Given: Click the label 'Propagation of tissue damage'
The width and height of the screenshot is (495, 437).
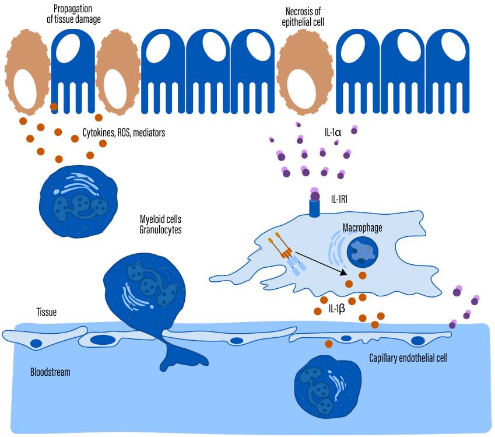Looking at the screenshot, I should [x=74, y=15].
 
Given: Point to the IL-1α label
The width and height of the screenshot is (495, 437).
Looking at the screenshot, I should [x=333, y=132].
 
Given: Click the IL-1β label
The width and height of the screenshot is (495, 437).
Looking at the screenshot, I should [x=337, y=309].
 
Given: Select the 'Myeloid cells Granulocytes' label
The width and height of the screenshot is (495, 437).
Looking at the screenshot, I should [x=160, y=225].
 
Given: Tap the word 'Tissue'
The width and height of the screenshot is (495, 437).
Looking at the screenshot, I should [x=47, y=312].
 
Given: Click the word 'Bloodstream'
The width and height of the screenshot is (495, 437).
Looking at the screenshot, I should [x=50, y=371].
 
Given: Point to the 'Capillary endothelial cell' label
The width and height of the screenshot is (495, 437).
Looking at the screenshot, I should [x=408, y=358].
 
